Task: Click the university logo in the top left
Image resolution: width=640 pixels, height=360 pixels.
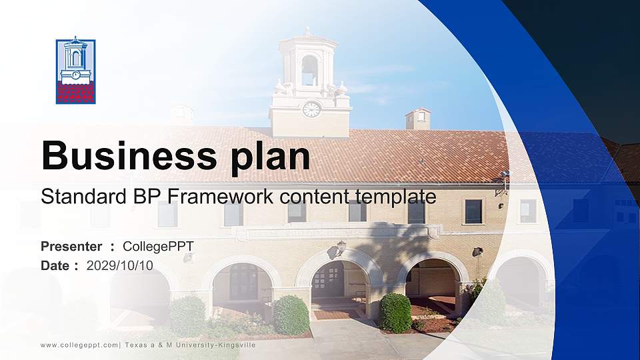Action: pos(75,71)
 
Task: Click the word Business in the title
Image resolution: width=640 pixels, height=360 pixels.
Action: pos(126,156)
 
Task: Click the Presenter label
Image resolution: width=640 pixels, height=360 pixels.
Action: pos(71,247)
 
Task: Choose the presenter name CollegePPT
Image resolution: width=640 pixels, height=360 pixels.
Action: pos(158,247)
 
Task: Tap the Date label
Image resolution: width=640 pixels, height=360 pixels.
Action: pos(55,265)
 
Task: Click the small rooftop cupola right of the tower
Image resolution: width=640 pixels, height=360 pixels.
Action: pos(418,119)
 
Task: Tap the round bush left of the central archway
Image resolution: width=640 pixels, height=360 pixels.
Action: pos(291,315)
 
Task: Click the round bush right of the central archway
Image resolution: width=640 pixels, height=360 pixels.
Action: pos(395,312)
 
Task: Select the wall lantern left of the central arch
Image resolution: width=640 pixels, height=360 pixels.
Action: pos(341,247)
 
